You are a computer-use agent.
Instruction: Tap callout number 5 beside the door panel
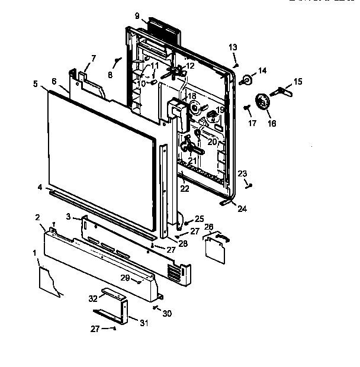36,84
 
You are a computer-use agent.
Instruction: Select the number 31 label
144,323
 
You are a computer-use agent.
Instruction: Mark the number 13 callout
233,47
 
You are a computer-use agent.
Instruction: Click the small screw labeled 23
251,186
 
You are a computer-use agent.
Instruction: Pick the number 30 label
167,313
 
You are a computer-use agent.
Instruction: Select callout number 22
185,189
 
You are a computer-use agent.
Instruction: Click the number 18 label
191,96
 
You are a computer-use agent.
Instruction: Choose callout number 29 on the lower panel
126,277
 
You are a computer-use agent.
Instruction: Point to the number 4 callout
40,188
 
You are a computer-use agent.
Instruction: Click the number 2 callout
37,217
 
